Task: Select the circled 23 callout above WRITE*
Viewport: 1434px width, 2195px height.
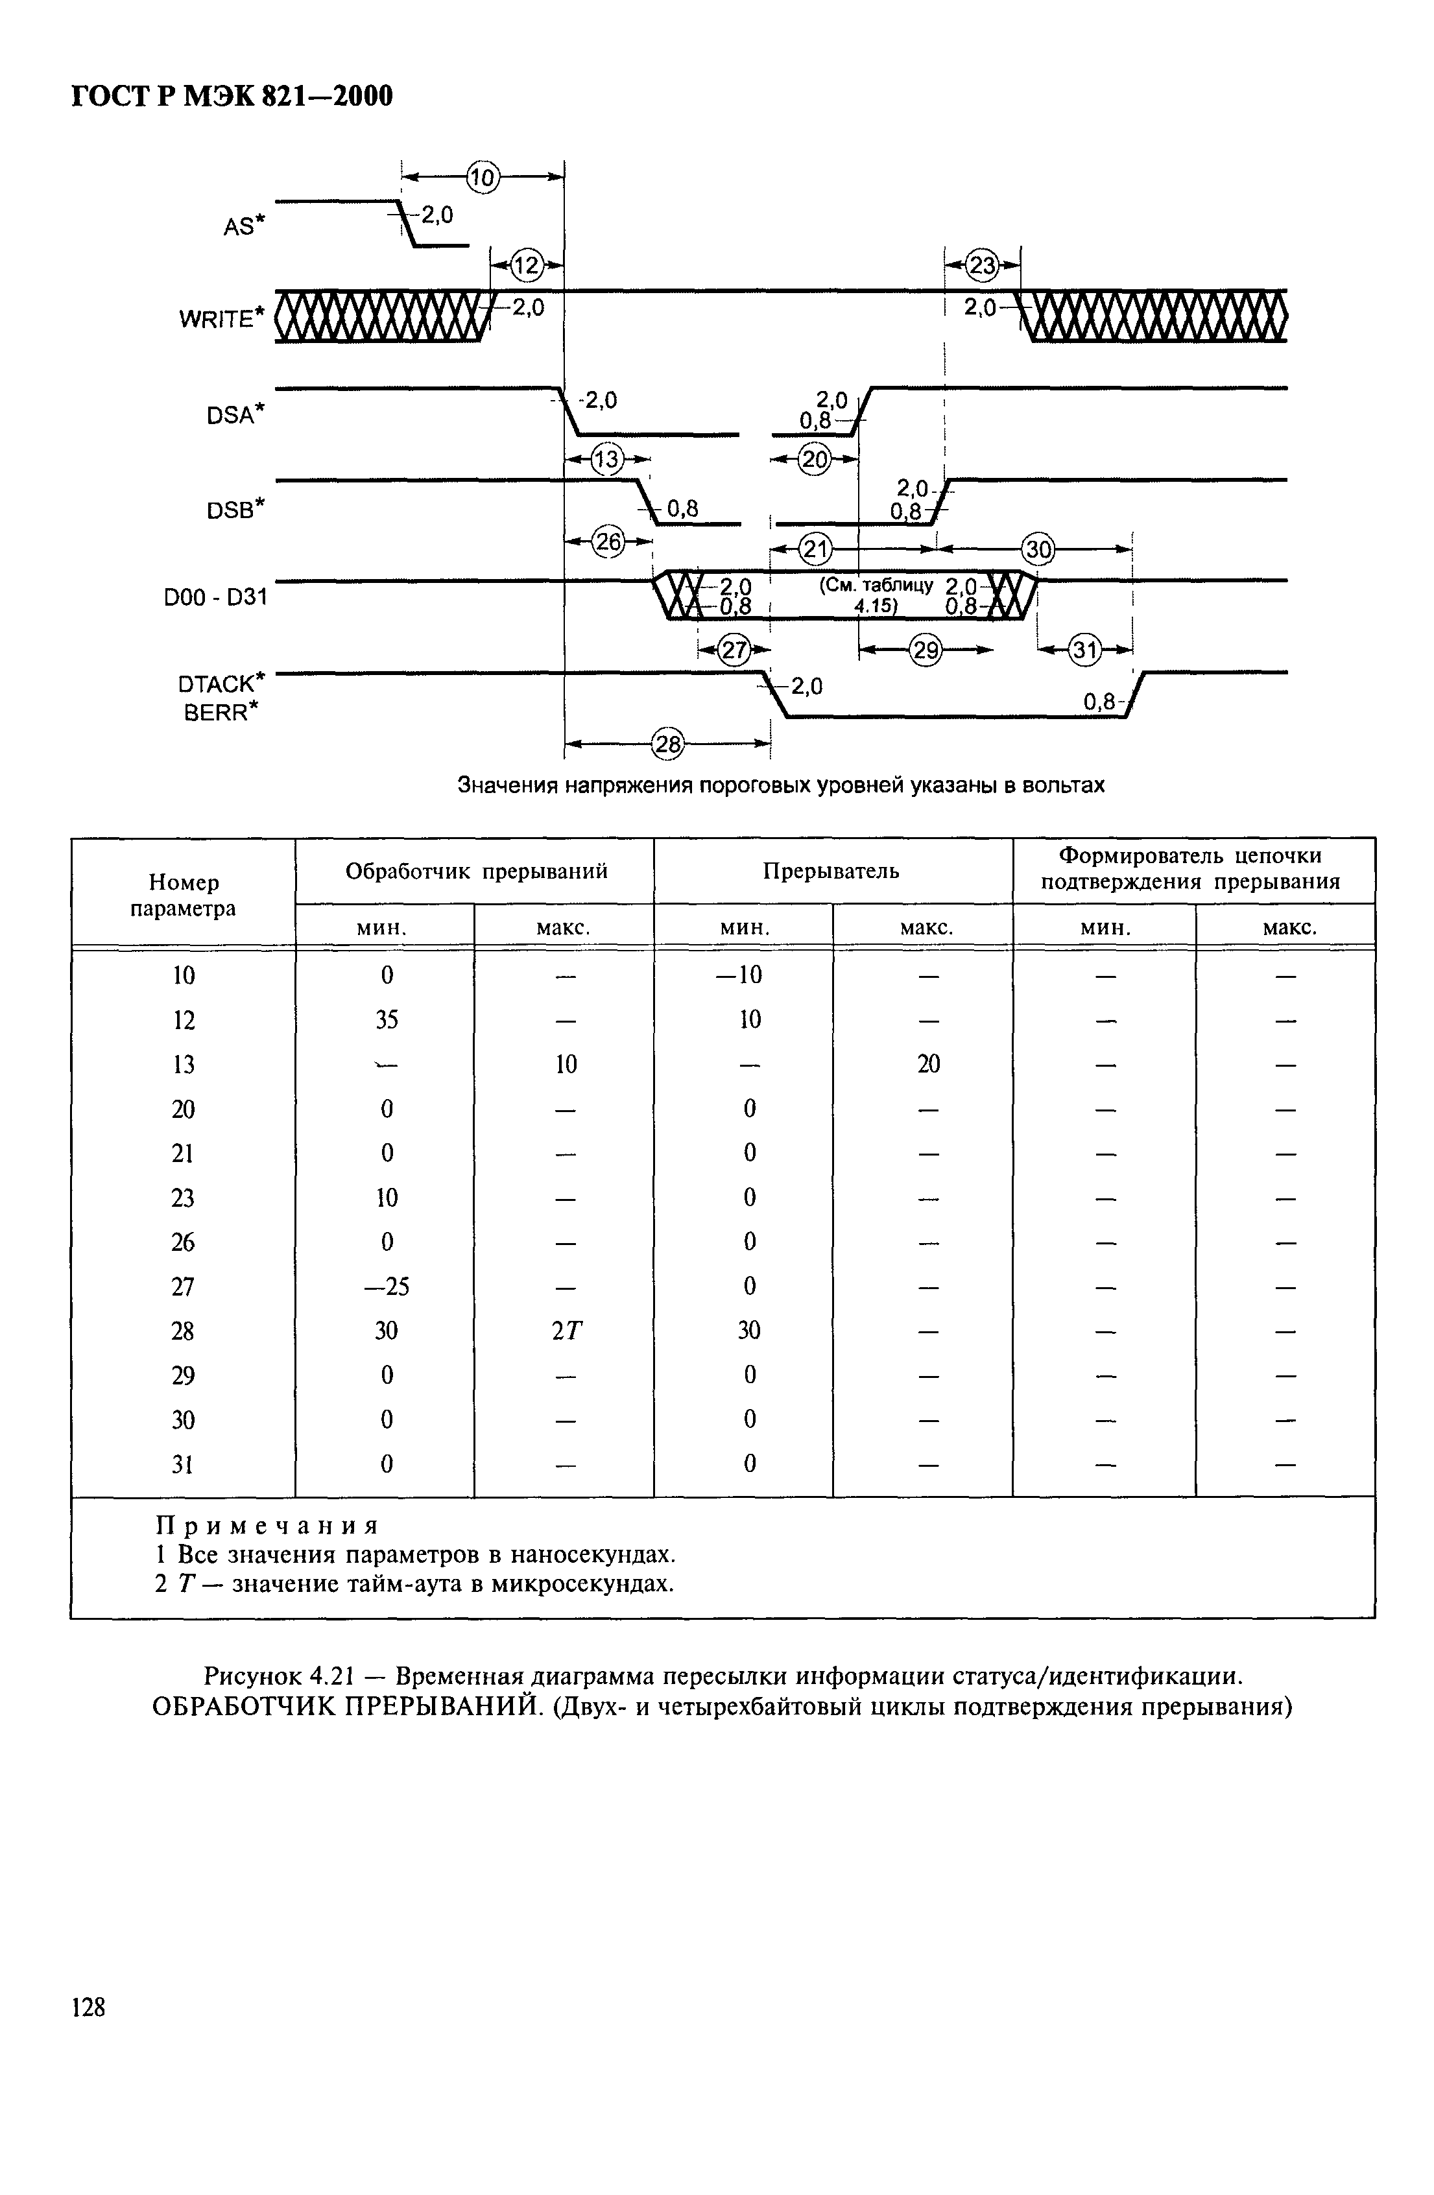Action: coord(984,267)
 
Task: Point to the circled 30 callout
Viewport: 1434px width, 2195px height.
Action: coord(1038,550)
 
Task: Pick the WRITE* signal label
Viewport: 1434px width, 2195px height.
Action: coord(221,318)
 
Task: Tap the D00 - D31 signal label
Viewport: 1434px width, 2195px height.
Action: coord(215,598)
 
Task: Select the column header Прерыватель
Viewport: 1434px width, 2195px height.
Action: coord(831,871)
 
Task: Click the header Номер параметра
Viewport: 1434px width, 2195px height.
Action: coord(184,895)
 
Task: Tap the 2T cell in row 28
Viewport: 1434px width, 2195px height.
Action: coord(566,1331)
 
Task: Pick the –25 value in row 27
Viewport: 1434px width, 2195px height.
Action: coord(387,1286)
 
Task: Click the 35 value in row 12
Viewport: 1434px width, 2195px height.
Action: coord(387,1019)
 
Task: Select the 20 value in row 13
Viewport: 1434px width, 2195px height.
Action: coord(927,1064)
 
